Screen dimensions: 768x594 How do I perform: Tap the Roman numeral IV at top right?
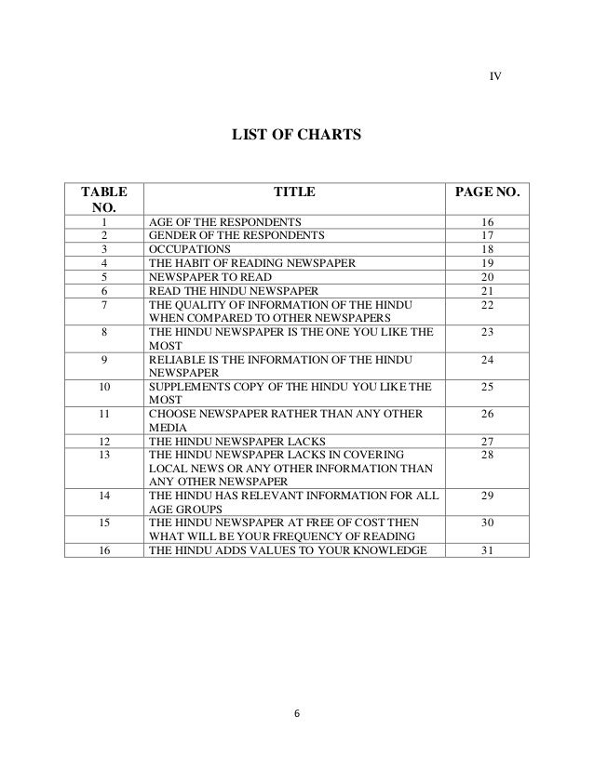coord(495,75)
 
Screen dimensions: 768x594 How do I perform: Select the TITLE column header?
coord(294,192)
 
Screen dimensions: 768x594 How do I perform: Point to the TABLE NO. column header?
coord(104,202)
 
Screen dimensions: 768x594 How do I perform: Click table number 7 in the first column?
coord(104,304)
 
